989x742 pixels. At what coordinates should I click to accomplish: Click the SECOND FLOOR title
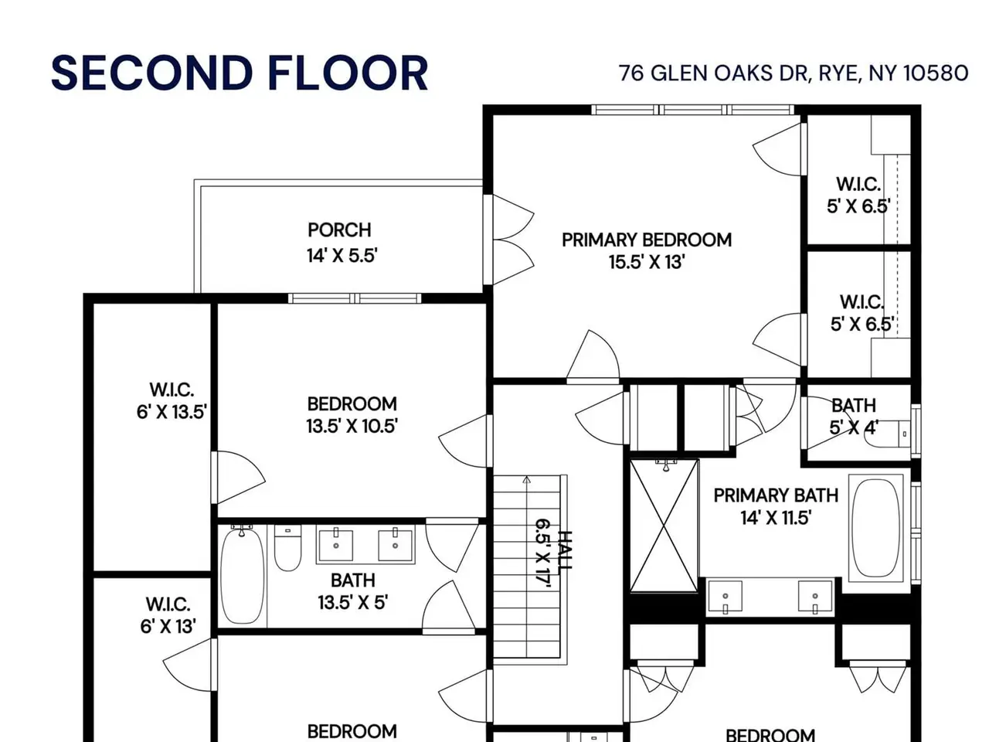pos(240,73)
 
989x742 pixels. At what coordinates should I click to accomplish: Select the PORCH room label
pos(339,230)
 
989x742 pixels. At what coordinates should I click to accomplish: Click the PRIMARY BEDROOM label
pos(647,240)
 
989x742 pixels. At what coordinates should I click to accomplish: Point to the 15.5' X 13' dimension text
pos(647,262)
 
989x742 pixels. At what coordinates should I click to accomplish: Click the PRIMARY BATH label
pos(776,495)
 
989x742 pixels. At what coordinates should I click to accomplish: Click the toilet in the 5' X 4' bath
pos(888,434)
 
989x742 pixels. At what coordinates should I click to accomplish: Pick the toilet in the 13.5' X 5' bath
pos(287,548)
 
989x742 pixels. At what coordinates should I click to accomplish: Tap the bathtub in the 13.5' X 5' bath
pos(243,576)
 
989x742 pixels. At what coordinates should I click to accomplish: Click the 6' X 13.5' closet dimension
pos(172,412)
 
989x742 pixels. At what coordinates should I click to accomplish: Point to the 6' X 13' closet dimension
pos(168,626)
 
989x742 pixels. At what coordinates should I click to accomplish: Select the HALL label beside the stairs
pos(565,550)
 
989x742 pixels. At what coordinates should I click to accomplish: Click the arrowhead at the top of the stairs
pos(527,480)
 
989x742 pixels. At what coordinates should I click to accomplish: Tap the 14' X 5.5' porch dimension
pos(342,256)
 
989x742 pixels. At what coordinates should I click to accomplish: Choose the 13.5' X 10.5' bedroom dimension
pos(352,426)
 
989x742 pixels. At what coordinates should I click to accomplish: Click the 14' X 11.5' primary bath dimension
pos(776,518)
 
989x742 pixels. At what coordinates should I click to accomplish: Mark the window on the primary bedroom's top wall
pos(692,110)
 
